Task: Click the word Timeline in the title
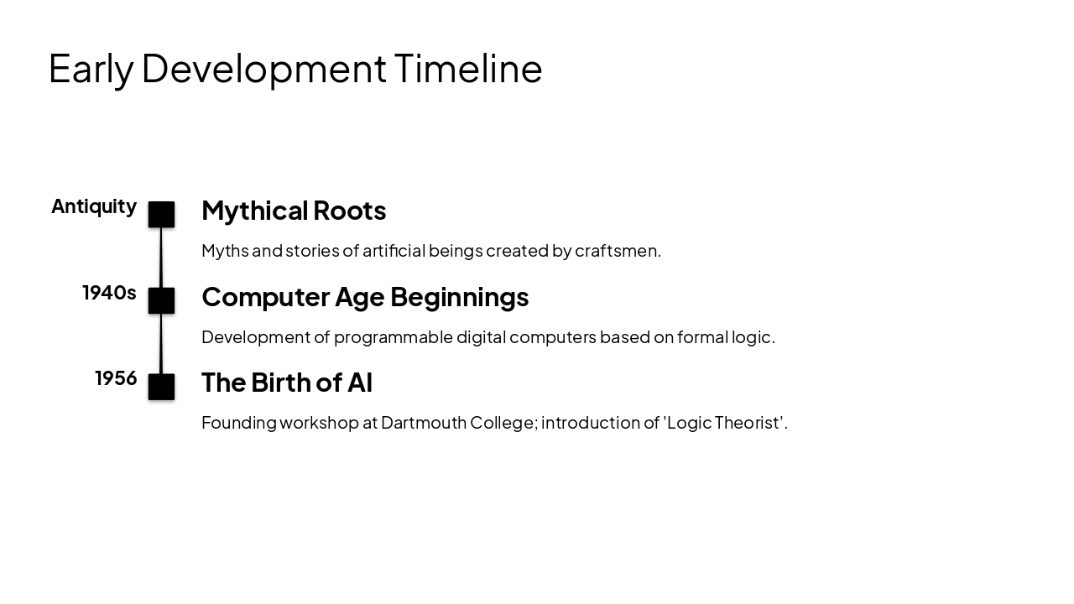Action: tap(468, 68)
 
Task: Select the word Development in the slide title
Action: tap(263, 69)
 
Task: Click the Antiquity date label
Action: tap(94, 206)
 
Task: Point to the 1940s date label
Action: tap(109, 293)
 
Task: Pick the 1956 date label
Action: tap(116, 378)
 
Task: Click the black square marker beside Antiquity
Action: tap(162, 215)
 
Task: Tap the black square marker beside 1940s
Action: tap(162, 300)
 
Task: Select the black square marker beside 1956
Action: tap(162, 387)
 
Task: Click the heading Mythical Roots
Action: tap(294, 211)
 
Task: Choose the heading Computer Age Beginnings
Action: tap(365, 297)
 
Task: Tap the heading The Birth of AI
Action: tap(287, 383)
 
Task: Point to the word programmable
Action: tap(393, 337)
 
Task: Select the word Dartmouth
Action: tap(423, 423)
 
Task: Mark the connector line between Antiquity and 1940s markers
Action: tap(161, 258)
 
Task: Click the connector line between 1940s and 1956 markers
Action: tap(161, 344)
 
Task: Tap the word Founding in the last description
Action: tap(238, 423)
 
